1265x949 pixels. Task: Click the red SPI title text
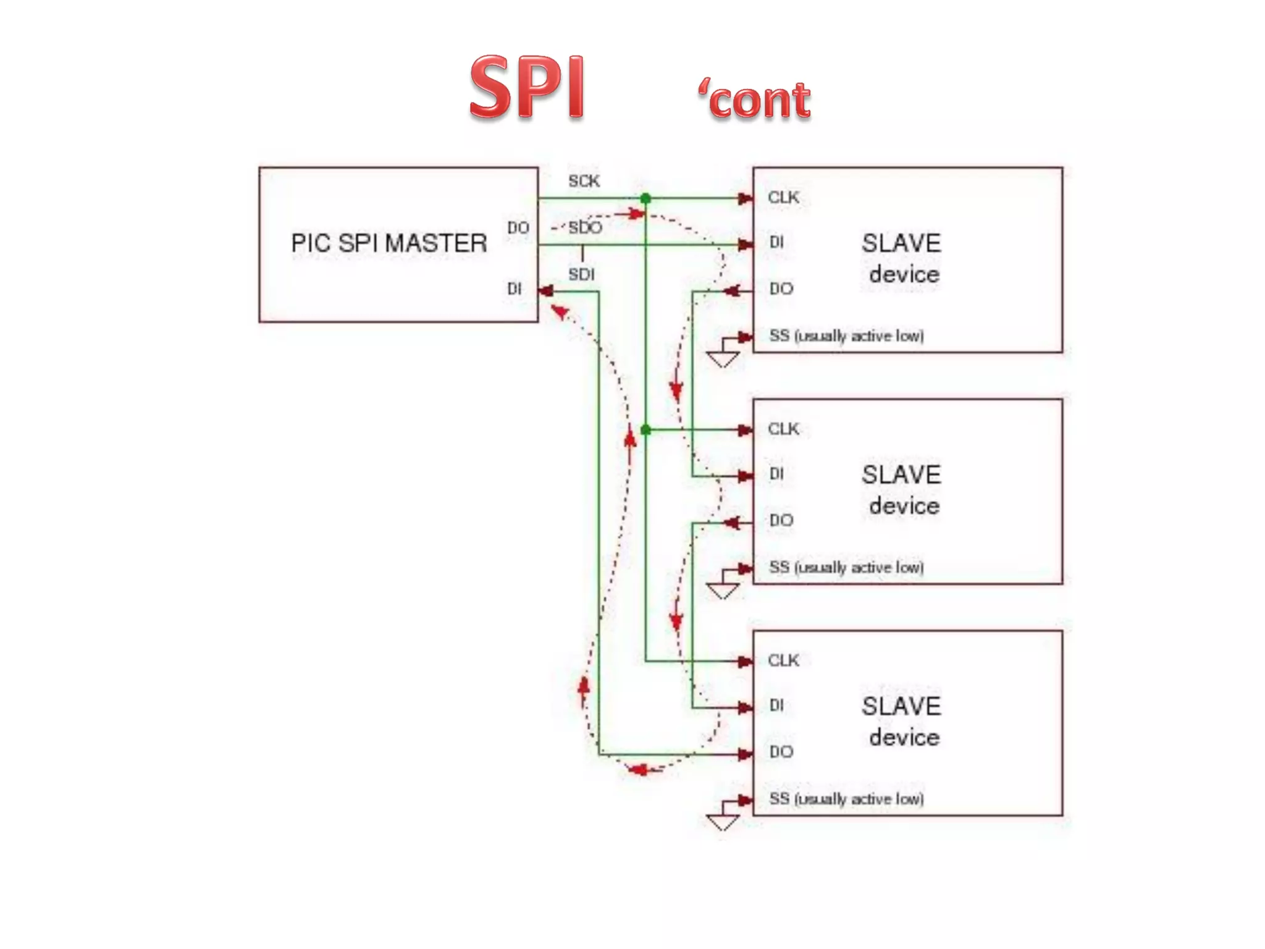point(527,87)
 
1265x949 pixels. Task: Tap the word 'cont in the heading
point(754,99)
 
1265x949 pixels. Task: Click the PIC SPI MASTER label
point(389,243)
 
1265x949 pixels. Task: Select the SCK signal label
point(584,181)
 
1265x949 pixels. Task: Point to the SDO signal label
point(584,227)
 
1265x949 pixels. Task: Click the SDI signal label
point(581,274)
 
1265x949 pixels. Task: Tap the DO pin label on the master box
point(518,228)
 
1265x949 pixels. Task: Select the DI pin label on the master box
point(514,289)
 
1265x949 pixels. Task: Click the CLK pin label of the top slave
point(783,197)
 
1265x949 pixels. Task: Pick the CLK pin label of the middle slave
point(783,429)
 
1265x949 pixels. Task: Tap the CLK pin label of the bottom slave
point(783,660)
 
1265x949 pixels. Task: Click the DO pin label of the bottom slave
point(781,751)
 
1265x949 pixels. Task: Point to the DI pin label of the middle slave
point(776,474)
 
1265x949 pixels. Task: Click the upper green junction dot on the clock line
point(645,198)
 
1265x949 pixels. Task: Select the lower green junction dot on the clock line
point(645,429)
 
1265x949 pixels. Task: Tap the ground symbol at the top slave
point(722,358)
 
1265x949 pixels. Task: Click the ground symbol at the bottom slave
point(722,822)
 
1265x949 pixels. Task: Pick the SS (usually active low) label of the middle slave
point(846,567)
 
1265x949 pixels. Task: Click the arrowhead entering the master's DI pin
point(545,291)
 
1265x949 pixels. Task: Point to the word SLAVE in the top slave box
point(901,243)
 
